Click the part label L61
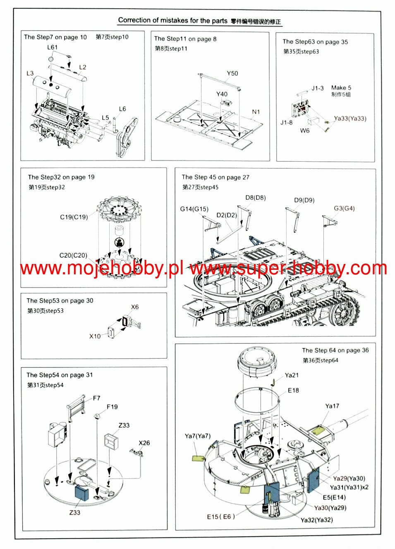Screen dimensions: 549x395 click(53, 47)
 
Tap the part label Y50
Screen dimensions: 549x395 click(232, 73)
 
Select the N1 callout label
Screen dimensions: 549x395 click(256, 112)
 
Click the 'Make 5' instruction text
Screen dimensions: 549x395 click(341, 88)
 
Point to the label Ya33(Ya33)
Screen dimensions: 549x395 click(350, 118)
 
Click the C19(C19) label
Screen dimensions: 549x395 click(74, 217)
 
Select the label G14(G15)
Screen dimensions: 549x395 click(194, 209)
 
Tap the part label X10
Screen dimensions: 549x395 click(95, 336)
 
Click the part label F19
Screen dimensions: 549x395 click(112, 407)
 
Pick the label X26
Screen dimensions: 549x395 click(144, 443)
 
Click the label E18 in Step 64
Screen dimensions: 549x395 click(293, 390)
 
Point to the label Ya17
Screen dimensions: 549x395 click(332, 406)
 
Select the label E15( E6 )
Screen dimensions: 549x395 click(221, 516)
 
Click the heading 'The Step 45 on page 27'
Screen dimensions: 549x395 click(215, 177)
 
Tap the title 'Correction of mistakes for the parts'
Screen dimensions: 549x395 click(173, 20)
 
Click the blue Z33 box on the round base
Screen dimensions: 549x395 click(82, 493)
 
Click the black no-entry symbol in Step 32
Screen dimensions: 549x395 click(119, 242)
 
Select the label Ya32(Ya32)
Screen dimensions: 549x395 click(316, 520)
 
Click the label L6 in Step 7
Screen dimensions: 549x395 click(122, 109)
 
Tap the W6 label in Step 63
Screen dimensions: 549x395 click(305, 130)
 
